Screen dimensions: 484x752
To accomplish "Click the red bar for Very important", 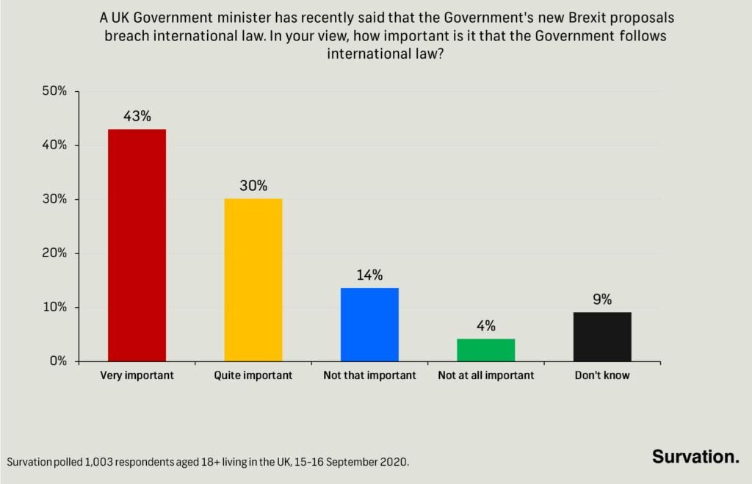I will pyautogui.click(x=137, y=245).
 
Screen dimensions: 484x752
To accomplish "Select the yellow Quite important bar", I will pyautogui.click(x=253, y=280).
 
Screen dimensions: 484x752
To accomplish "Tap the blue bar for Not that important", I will pyautogui.click(x=369, y=324).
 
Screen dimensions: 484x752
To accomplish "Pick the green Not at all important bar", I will pyautogui.click(x=485, y=350).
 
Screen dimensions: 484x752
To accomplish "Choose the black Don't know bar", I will pyautogui.click(x=602, y=336).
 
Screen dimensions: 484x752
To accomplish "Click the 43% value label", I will pyautogui.click(x=137, y=116).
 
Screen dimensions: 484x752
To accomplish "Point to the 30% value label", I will pyautogui.click(x=253, y=186).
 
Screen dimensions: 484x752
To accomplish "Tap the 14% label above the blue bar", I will pyautogui.click(x=369, y=275).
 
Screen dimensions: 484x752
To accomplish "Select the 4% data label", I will pyautogui.click(x=485, y=325).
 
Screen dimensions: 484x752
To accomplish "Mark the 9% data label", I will pyautogui.click(x=602, y=299).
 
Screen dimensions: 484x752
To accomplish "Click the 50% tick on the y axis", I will pyautogui.click(x=54, y=92).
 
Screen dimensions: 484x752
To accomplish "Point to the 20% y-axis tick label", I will pyautogui.click(x=54, y=253).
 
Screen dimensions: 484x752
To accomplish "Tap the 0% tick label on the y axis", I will pyautogui.click(x=57, y=361).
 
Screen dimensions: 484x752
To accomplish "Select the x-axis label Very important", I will pyautogui.click(x=137, y=375).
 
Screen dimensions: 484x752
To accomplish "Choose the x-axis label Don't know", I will pyautogui.click(x=602, y=375).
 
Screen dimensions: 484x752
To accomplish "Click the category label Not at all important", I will pyautogui.click(x=485, y=375).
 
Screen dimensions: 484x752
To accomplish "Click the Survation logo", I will pyautogui.click(x=695, y=456).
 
